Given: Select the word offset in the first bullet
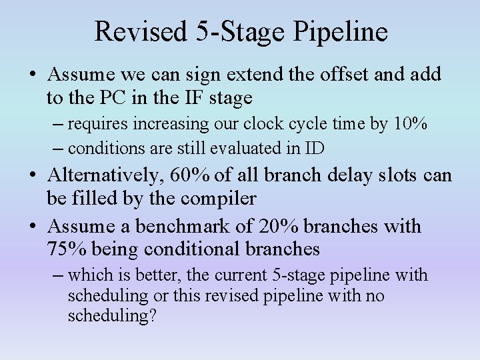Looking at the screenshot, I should [x=337, y=74].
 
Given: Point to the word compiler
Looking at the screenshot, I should [x=221, y=199].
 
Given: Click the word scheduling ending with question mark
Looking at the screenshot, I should [x=111, y=315].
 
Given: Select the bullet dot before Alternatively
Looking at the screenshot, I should [x=33, y=176].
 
